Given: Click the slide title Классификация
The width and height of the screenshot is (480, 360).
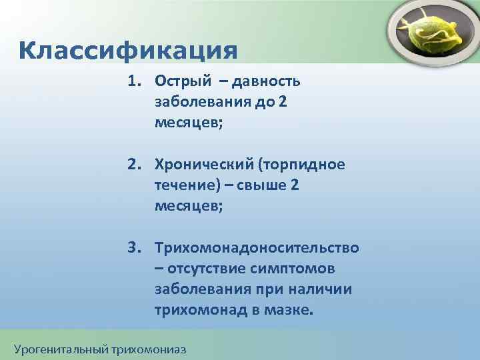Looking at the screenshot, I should tap(128, 50).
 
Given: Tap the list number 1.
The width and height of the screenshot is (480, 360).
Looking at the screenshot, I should tap(135, 81).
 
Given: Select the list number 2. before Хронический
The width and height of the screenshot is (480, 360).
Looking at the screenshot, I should tap(135, 165).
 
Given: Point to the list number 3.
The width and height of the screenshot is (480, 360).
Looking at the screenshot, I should tap(135, 248).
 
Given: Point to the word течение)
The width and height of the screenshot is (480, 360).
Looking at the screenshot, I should tap(187, 186).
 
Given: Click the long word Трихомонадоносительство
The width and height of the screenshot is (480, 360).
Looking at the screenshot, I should tap(257, 249).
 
